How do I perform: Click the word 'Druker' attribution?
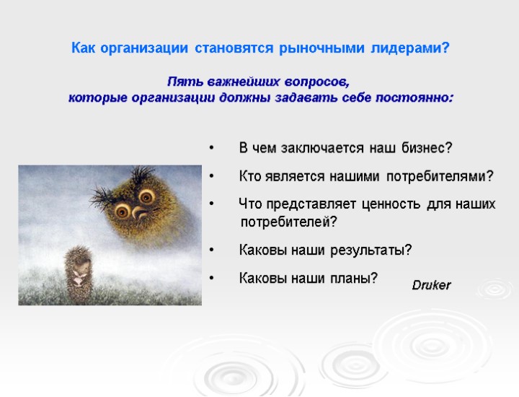431,285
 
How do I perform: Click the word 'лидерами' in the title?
407,49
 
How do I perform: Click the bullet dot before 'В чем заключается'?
211,149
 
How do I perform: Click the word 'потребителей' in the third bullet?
288,222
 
